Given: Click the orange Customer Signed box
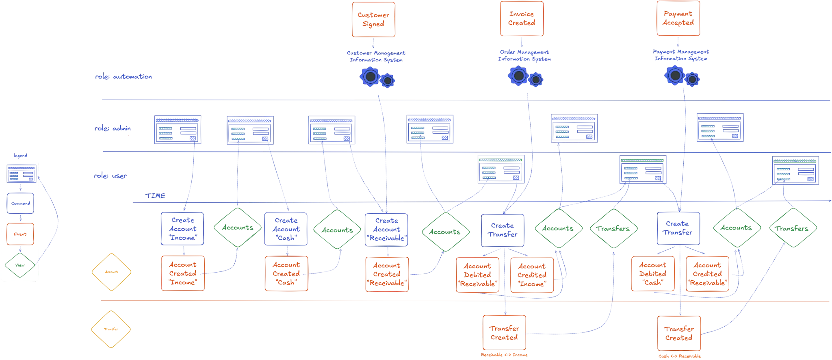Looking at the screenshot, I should click(x=373, y=20).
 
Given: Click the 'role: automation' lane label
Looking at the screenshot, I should click(x=123, y=77).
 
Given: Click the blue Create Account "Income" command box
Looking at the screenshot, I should click(x=182, y=229).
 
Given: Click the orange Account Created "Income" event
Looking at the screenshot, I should click(x=182, y=273).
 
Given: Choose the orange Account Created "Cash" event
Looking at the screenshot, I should click(x=286, y=273).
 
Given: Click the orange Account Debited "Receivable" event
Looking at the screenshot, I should click(x=477, y=275).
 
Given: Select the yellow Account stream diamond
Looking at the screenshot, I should click(x=111, y=272).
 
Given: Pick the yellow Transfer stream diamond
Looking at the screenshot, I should click(x=111, y=330).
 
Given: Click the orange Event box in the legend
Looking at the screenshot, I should click(x=20, y=234).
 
